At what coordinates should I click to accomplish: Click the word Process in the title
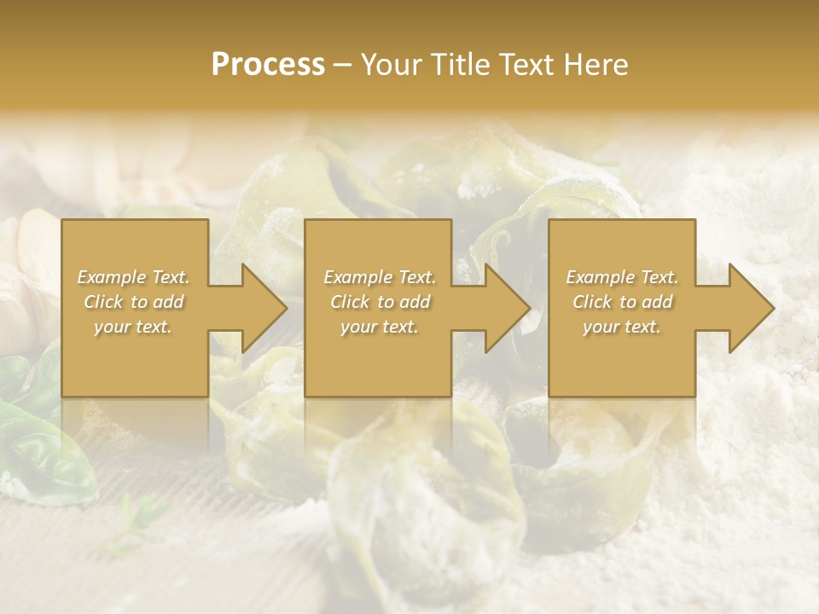click(268, 65)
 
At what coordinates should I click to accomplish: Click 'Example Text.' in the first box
click(133, 277)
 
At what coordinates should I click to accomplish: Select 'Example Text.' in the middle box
click(379, 277)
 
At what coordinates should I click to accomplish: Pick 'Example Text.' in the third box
click(622, 277)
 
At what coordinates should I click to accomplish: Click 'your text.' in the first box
click(133, 327)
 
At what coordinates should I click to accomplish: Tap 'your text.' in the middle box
click(379, 327)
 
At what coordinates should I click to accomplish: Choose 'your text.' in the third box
click(622, 327)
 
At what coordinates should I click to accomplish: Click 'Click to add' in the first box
click(133, 302)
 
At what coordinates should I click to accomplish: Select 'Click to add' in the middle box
click(379, 302)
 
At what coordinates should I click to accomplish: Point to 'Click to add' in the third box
click(622, 302)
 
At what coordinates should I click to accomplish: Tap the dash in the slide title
click(342, 65)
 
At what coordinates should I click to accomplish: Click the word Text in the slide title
click(526, 65)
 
